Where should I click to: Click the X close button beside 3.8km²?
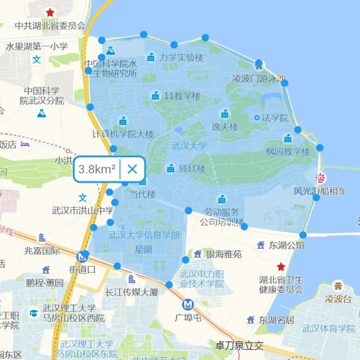pyautogui.click(x=132, y=169)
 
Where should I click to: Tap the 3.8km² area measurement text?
pyautogui.click(x=97, y=169)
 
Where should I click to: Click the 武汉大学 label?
pyautogui.click(x=189, y=145)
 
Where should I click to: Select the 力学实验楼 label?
pyautogui.click(x=181, y=57)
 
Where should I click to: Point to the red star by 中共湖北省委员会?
pyautogui.click(x=50, y=13)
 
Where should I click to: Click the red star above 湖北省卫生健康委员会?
pyautogui.click(x=281, y=267)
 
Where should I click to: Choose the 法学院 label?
pyautogui.click(x=275, y=118)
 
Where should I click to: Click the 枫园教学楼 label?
pyautogui.click(x=288, y=151)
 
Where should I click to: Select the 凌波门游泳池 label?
pyautogui.click(x=259, y=78)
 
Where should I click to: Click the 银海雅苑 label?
pyautogui.click(x=223, y=254)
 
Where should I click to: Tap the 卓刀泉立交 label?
pyautogui.click(x=240, y=346)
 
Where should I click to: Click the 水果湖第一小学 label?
pyautogui.click(x=37, y=47)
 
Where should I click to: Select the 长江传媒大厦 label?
pyautogui.click(x=131, y=292)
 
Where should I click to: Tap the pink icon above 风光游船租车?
pyautogui.click(x=321, y=178)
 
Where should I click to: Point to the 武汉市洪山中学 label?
pyautogui.click(x=83, y=211)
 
